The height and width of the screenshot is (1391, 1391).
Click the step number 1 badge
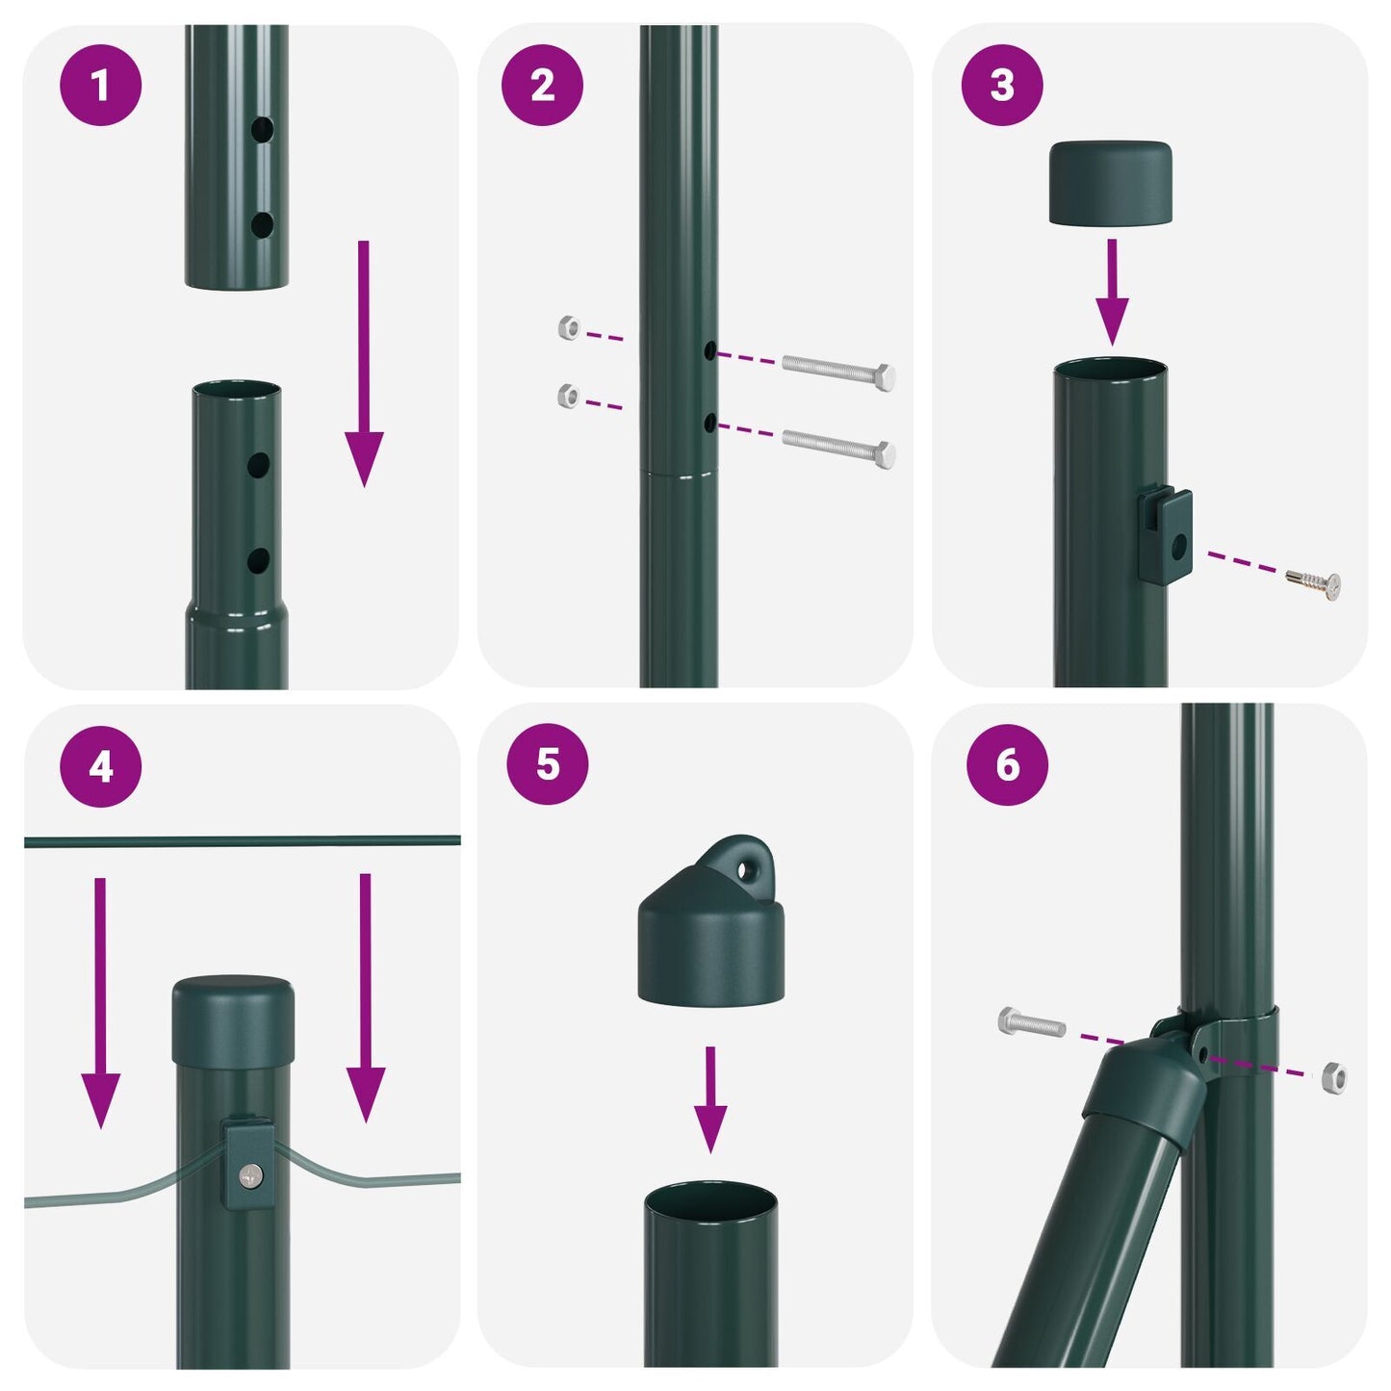click(101, 85)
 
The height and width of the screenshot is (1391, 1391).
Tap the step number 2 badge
click(542, 85)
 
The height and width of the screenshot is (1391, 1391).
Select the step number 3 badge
click(1002, 85)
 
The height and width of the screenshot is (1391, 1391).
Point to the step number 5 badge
click(547, 764)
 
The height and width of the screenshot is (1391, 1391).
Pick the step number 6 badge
click(1007, 764)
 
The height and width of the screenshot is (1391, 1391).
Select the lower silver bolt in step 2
click(838, 447)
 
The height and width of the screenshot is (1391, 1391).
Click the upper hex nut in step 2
click(569, 328)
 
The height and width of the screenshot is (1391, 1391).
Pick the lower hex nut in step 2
click(569, 395)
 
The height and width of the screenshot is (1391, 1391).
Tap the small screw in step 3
click(1314, 582)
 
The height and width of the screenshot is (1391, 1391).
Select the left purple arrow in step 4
click(100, 1001)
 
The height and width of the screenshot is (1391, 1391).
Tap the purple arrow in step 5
click(710, 1097)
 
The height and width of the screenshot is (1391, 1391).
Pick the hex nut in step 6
click(1333, 1077)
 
